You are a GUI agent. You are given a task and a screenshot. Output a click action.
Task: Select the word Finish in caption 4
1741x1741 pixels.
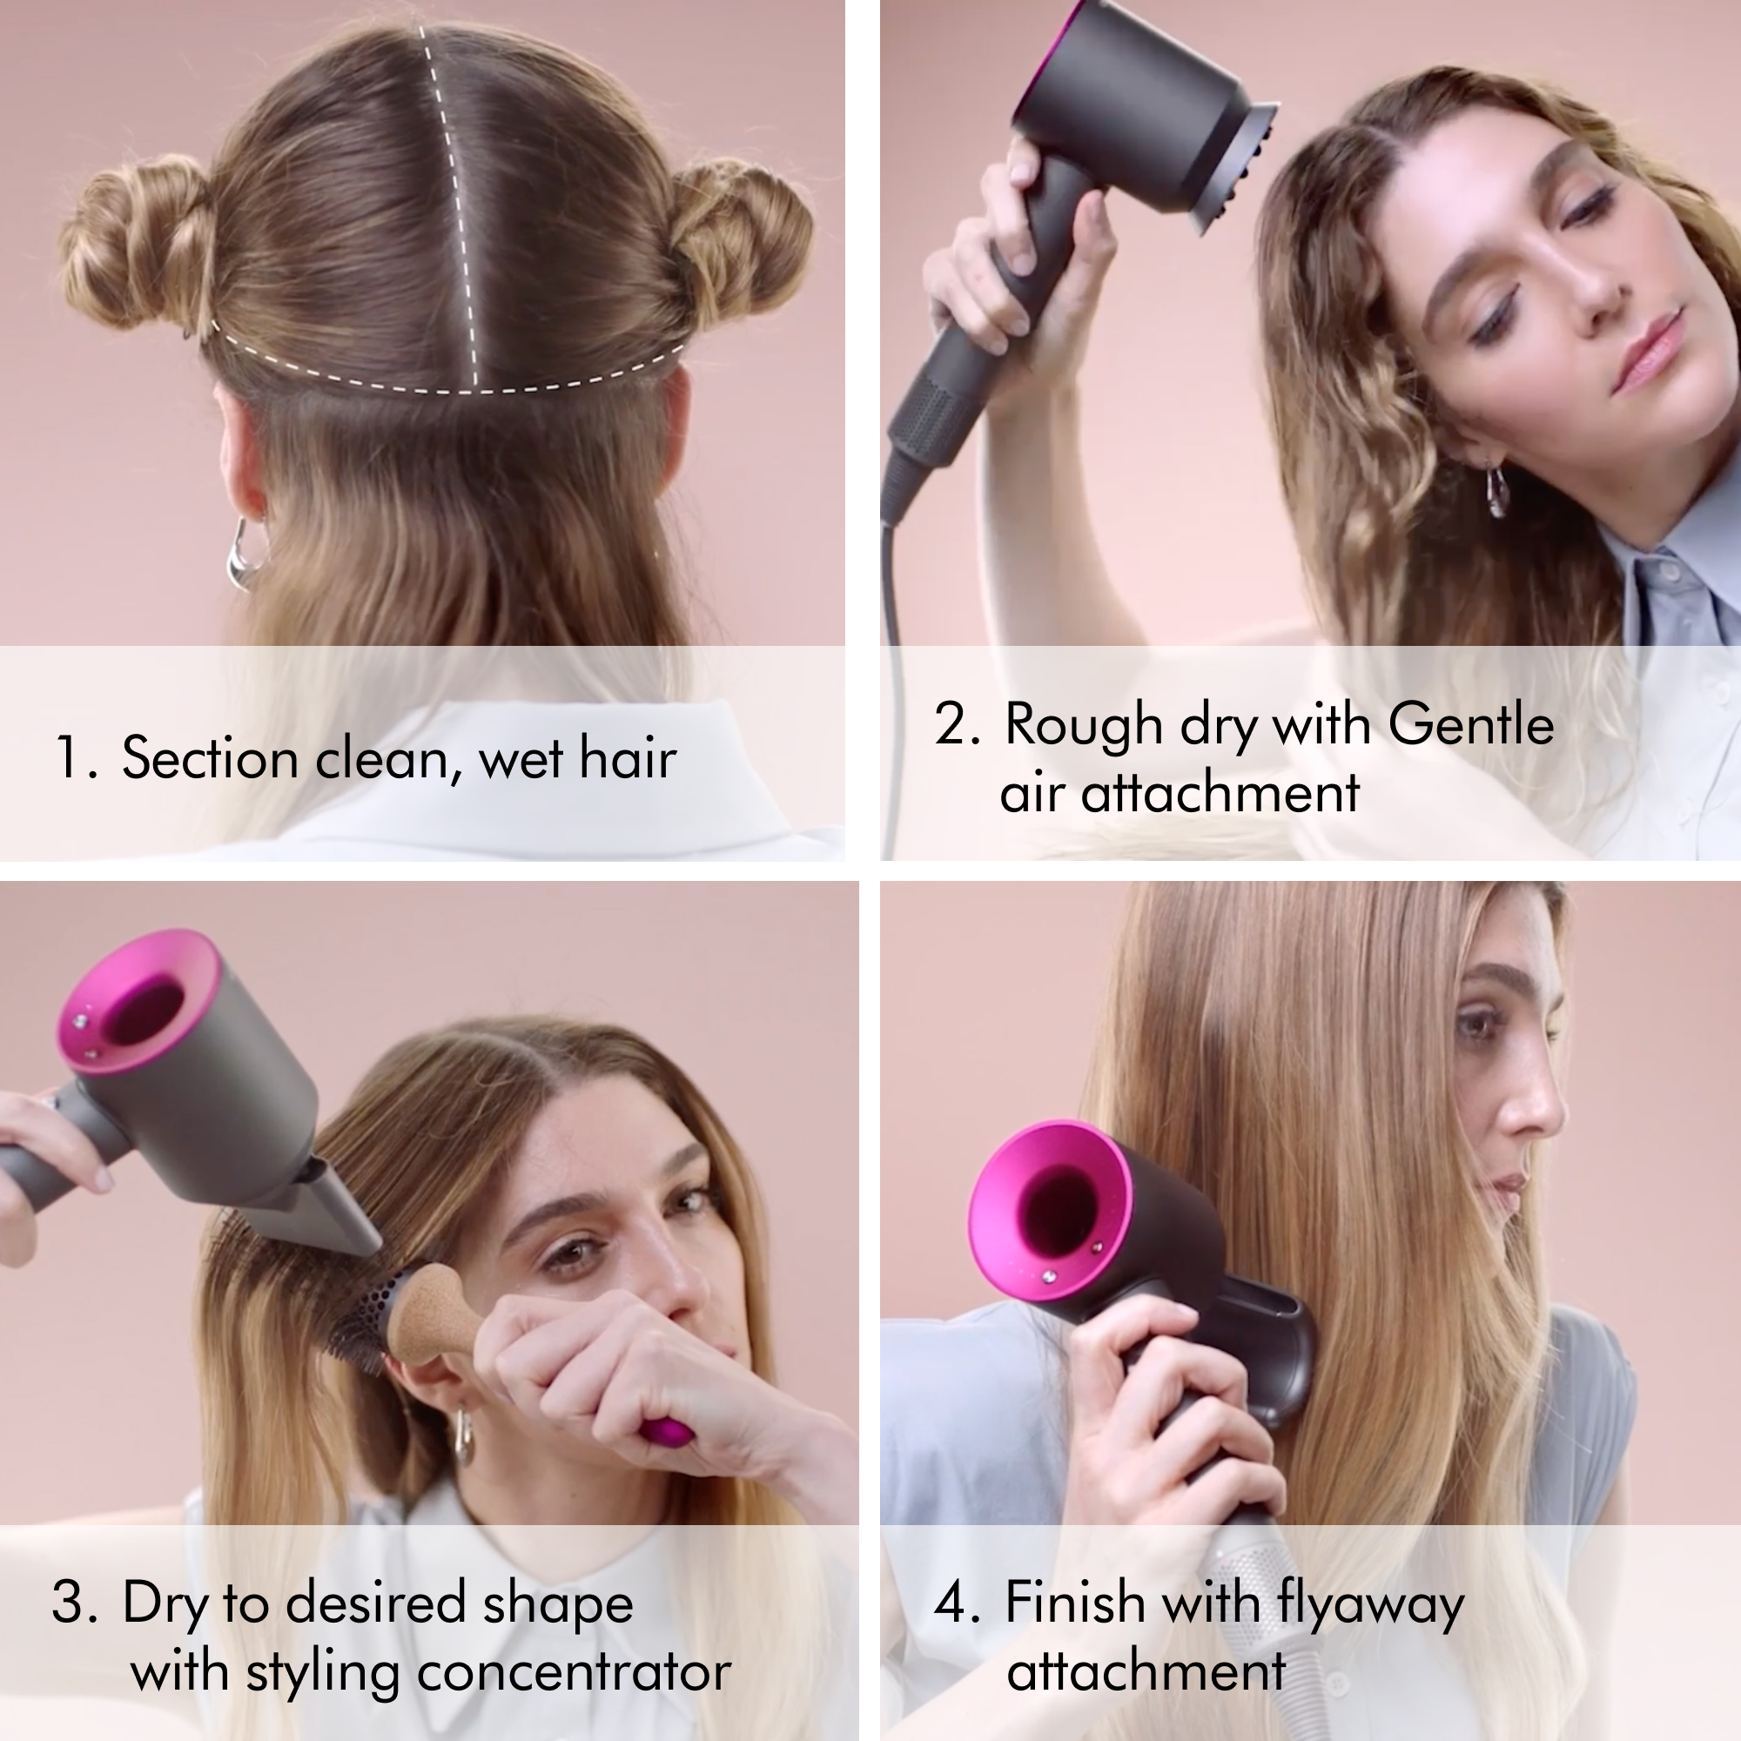1074,1603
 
